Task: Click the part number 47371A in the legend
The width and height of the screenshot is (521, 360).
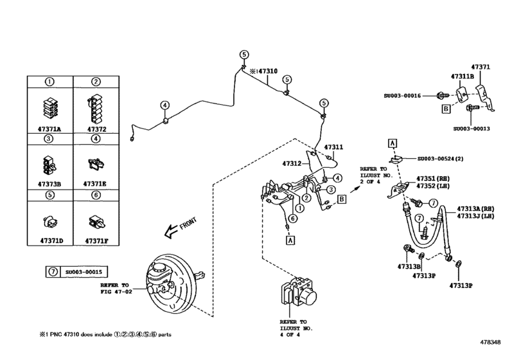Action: pyautogui.click(x=49, y=129)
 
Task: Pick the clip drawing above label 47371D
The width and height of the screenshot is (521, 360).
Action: pyautogui.click(x=49, y=221)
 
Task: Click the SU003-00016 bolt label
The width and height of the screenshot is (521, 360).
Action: pyautogui.click(x=403, y=95)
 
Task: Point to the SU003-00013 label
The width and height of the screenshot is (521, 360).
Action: pyautogui.click(x=471, y=129)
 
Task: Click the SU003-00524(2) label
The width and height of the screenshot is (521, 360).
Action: pyautogui.click(x=440, y=158)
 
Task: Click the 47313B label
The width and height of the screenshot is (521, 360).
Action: pyautogui.click(x=409, y=265)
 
